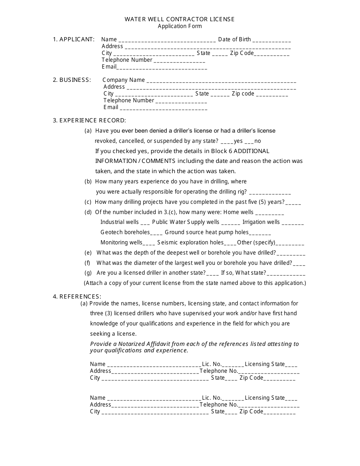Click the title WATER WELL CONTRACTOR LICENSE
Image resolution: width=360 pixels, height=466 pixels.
(x=180, y=19)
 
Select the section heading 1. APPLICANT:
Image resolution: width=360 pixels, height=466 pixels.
(x=74, y=39)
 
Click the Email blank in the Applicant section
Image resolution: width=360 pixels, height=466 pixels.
(x=162, y=68)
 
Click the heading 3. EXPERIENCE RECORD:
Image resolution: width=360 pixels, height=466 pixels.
(x=89, y=120)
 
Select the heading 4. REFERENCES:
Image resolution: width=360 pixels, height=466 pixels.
(x=77, y=297)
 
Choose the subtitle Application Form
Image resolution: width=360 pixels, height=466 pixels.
(x=180, y=26)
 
